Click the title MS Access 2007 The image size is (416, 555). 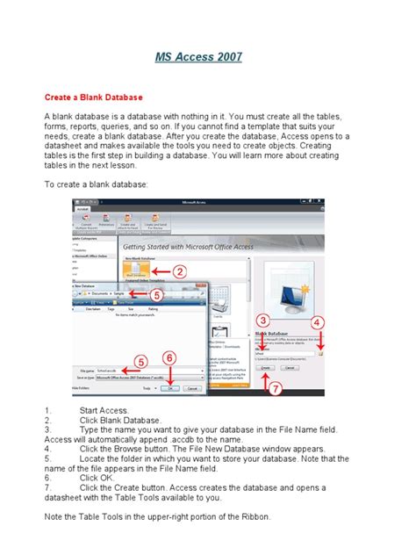point(208,58)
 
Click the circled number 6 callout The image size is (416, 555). point(171,358)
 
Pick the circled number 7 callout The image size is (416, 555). point(276,387)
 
